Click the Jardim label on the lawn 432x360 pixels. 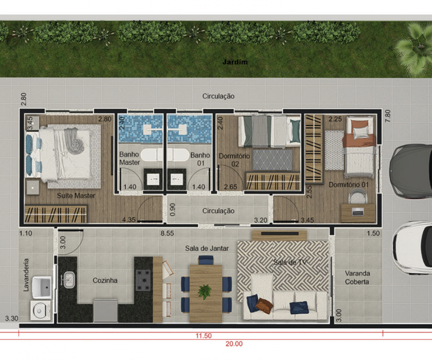click(x=235, y=62)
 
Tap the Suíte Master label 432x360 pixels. click(x=76, y=195)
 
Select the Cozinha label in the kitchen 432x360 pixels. click(x=105, y=280)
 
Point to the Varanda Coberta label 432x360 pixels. click(x=357, y=278)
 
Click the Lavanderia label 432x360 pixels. click(x=26, y=275)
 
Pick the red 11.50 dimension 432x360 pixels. click(x=204, y=336)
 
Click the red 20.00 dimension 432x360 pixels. click(x=234, y=344)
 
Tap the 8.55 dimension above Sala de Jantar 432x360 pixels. click(x=167, y=233)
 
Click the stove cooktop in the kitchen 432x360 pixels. click(x=143, y=280)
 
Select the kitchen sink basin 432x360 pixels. click(x=69, y=280)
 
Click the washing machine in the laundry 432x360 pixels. click(x=40, y=311)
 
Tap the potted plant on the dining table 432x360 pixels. click(x=204, y=292)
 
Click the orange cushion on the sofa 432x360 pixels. click(x=264, y=306)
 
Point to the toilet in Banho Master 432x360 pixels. click(x=151, y=154)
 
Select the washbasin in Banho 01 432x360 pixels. click(x=176, y=179)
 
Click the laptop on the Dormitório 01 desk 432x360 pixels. click(x=358, y=212)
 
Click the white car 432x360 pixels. click(x=412, y=248)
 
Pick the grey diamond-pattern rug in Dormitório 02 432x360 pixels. click(x=273, y=160)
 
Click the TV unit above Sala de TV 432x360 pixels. click(x=279, y=235)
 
